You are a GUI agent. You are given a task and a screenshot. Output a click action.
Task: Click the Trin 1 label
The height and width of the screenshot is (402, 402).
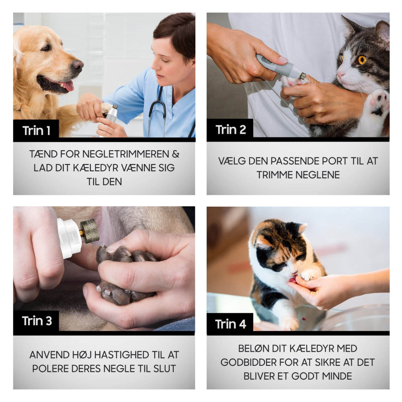tap(36, 131)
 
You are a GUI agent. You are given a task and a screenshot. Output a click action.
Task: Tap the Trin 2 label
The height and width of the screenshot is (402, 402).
tap(230, 130)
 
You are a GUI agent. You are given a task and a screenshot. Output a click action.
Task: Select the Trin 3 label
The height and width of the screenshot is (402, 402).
tap(37, 321)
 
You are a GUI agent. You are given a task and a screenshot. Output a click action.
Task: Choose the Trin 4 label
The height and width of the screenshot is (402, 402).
tap(230, 324)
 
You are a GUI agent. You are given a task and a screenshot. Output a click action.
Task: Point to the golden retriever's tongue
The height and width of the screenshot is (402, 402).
tap(67, 85)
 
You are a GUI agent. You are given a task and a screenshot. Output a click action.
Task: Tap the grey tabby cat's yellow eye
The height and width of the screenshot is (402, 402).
tap(362, 60)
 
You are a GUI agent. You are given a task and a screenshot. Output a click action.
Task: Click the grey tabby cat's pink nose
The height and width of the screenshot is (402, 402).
tap(340, 75)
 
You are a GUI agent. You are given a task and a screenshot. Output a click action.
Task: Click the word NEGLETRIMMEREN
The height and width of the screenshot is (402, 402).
tap(125, 154)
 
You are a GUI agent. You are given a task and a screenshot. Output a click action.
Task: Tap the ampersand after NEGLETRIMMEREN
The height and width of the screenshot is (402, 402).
tap(176, 154)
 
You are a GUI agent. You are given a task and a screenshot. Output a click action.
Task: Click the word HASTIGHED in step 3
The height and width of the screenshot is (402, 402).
tap(122, 355)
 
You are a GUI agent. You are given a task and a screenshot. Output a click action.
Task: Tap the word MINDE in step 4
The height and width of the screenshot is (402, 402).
tap(337, 376)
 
